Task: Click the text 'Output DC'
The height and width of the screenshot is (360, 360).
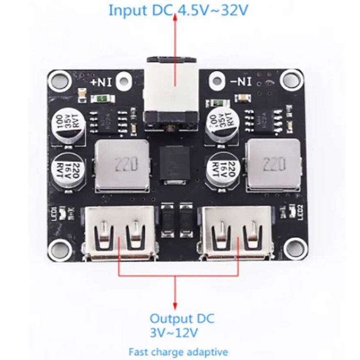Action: [182, 319]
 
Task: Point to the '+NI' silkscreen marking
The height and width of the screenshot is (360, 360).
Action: [101, 82]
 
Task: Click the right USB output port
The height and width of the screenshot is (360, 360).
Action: [237, 234]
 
